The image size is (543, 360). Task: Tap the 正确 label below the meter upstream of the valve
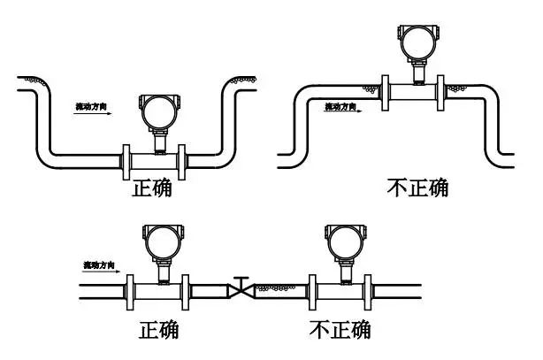[x=159, y=330]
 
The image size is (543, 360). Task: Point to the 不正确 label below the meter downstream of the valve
[x=340, y=330]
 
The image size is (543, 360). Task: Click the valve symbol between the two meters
[x=241, y=287]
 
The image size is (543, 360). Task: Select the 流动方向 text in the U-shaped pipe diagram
[x=92, y=106]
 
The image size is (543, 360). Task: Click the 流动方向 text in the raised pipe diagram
[x=340, y=106]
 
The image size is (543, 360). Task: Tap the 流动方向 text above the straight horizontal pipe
[x=100, y=264]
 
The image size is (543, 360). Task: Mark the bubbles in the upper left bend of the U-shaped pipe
[x=36, y=82]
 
